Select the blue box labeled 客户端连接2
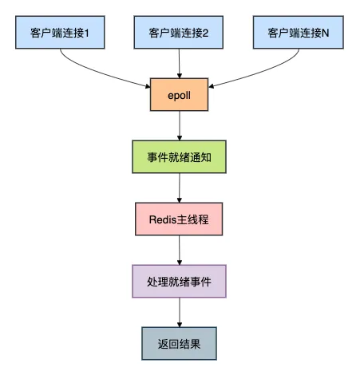point(179,34)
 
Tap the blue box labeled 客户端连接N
point(298,34)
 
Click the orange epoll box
point(179,95)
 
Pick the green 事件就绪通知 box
point(179,157)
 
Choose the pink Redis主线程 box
point(179,219)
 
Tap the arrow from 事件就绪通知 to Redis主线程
point(179,188)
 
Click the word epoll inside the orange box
point(179,95)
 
